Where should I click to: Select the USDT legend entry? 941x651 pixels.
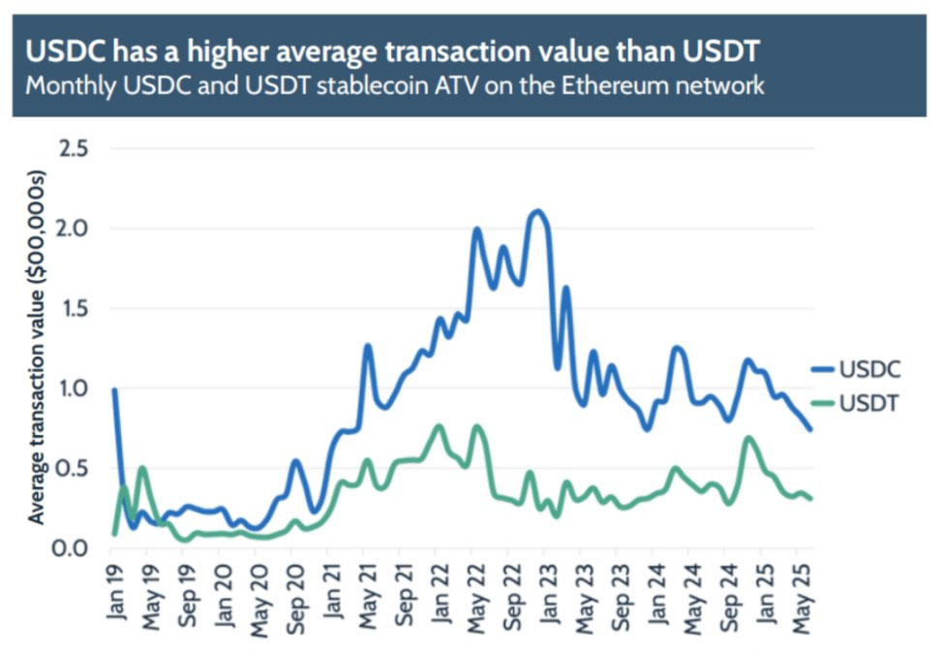pyautogui.click(x=867, y=402)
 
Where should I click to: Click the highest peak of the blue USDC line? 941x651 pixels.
pyautogui.click(x=537, y=211)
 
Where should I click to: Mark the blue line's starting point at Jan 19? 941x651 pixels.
pyautogui.click(x=114, y=390)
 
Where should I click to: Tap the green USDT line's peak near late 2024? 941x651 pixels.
pyautogui.click(x=748, y=438)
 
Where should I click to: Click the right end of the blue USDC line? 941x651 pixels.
pyautogui.click(x=810, y=429)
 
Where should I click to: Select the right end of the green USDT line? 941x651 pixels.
pyautogui.click(x=810, y=499)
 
